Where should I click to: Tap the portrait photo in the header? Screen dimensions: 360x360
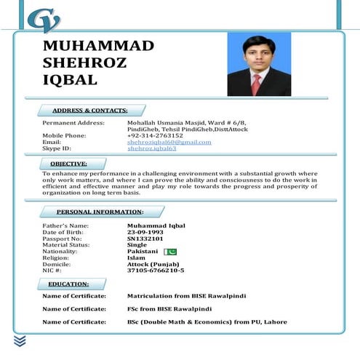(x=258, y=65)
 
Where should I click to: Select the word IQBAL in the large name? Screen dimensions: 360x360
(x=70, y=80)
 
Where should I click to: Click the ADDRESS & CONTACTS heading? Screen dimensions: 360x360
(x=89, y=111)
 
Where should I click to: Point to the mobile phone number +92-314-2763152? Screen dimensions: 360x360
(x=155, y=135)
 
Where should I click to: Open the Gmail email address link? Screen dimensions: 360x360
(x=169, y=142)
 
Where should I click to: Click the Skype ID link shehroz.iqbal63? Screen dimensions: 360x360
(x=151, y=148)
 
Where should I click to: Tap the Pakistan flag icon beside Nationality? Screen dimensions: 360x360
(x=171, y=252)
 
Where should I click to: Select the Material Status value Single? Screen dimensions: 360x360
(x=137, y=245)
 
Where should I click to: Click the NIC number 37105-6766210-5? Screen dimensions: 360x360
(x=156, y=271)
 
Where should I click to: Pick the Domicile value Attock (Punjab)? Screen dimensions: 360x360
(x=153, y=264)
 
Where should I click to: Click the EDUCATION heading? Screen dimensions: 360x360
(x=68, y=284)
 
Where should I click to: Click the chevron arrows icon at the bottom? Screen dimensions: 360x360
(x=20, y=340)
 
